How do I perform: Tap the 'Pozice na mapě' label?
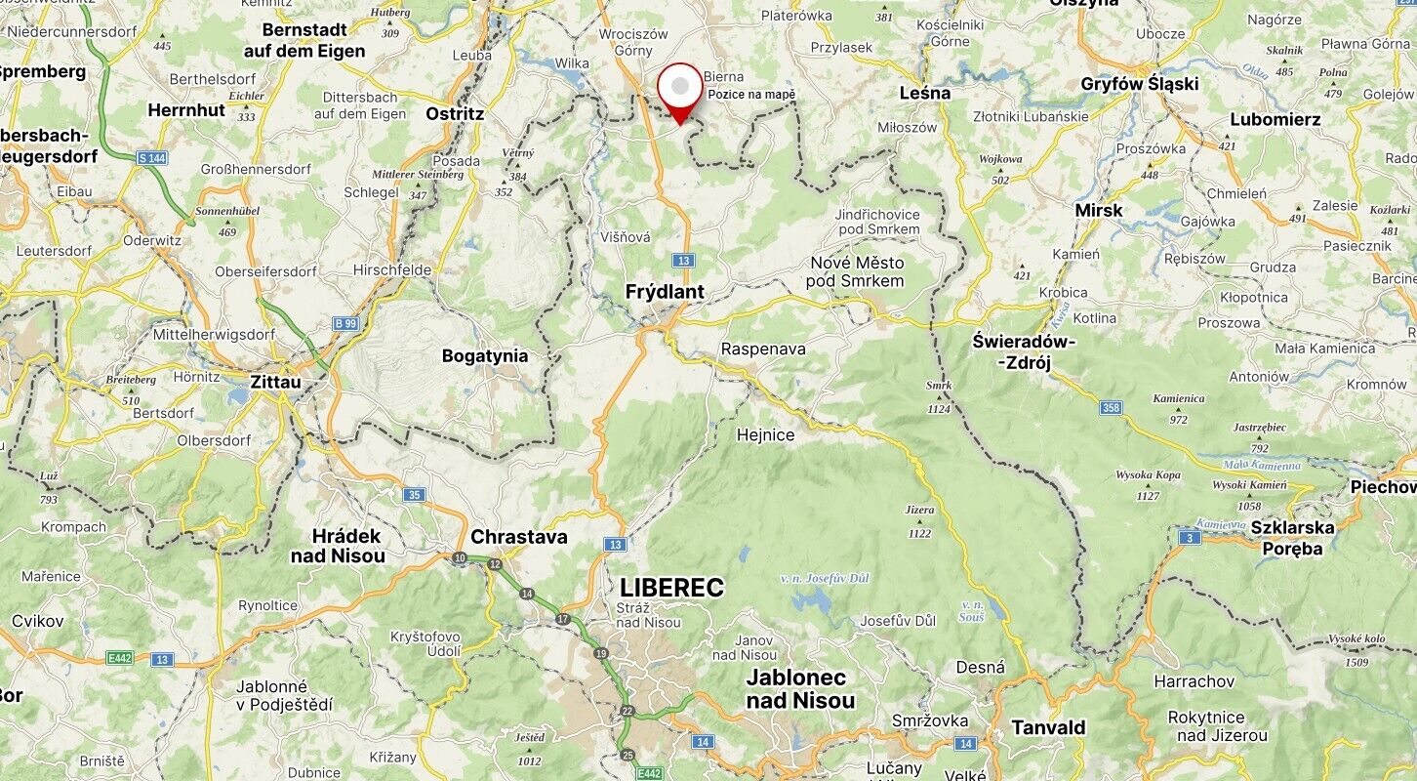751,95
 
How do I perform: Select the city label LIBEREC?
671,588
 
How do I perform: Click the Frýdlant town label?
665,291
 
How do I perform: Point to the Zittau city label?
275,382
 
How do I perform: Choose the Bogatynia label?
485,356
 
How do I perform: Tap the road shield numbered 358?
1111,407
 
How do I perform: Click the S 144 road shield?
152,157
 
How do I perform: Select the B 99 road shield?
344,323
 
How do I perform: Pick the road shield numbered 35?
415,495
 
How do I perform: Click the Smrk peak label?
939,386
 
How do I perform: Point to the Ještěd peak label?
529,737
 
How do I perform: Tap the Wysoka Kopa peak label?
1148,476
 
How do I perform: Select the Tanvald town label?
1048,727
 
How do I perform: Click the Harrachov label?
1194,680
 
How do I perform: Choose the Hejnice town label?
765,435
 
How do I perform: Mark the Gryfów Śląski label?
1139,84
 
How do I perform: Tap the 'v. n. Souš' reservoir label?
972,611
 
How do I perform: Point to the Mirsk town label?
1098,210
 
